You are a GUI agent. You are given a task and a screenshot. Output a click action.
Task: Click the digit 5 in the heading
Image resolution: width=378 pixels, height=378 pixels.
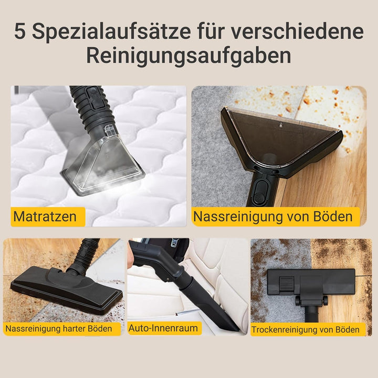(20, 31)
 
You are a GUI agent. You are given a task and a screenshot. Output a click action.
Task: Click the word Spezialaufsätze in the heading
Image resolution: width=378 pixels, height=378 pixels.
(111, 31)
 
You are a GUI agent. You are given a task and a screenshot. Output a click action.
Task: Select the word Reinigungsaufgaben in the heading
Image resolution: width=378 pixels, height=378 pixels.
(188, 56)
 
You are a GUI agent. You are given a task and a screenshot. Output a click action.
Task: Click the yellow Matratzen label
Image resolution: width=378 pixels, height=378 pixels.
(48, 216)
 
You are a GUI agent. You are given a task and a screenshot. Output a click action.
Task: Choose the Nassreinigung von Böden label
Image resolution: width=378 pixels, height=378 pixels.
(276, 216)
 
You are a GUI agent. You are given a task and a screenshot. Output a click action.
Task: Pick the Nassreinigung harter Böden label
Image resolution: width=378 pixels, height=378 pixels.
(62, 329)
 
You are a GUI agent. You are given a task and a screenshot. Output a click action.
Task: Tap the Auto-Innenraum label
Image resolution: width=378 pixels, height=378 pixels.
(164, 328)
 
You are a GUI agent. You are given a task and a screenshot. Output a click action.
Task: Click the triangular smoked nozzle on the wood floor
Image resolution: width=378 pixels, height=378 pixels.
(280, 140)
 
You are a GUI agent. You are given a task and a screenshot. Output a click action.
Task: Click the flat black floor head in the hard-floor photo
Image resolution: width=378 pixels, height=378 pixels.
(66, 289)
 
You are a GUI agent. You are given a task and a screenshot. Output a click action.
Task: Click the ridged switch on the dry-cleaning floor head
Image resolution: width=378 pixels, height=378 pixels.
(287, 285)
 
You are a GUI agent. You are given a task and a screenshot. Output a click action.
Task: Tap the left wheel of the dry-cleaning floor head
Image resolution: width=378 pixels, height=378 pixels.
(298, 301)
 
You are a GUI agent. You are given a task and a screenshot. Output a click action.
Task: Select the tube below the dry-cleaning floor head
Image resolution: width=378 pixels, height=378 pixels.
(311, 313)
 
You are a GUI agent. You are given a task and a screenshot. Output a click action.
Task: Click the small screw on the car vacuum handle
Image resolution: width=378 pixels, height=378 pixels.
(168, 279)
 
